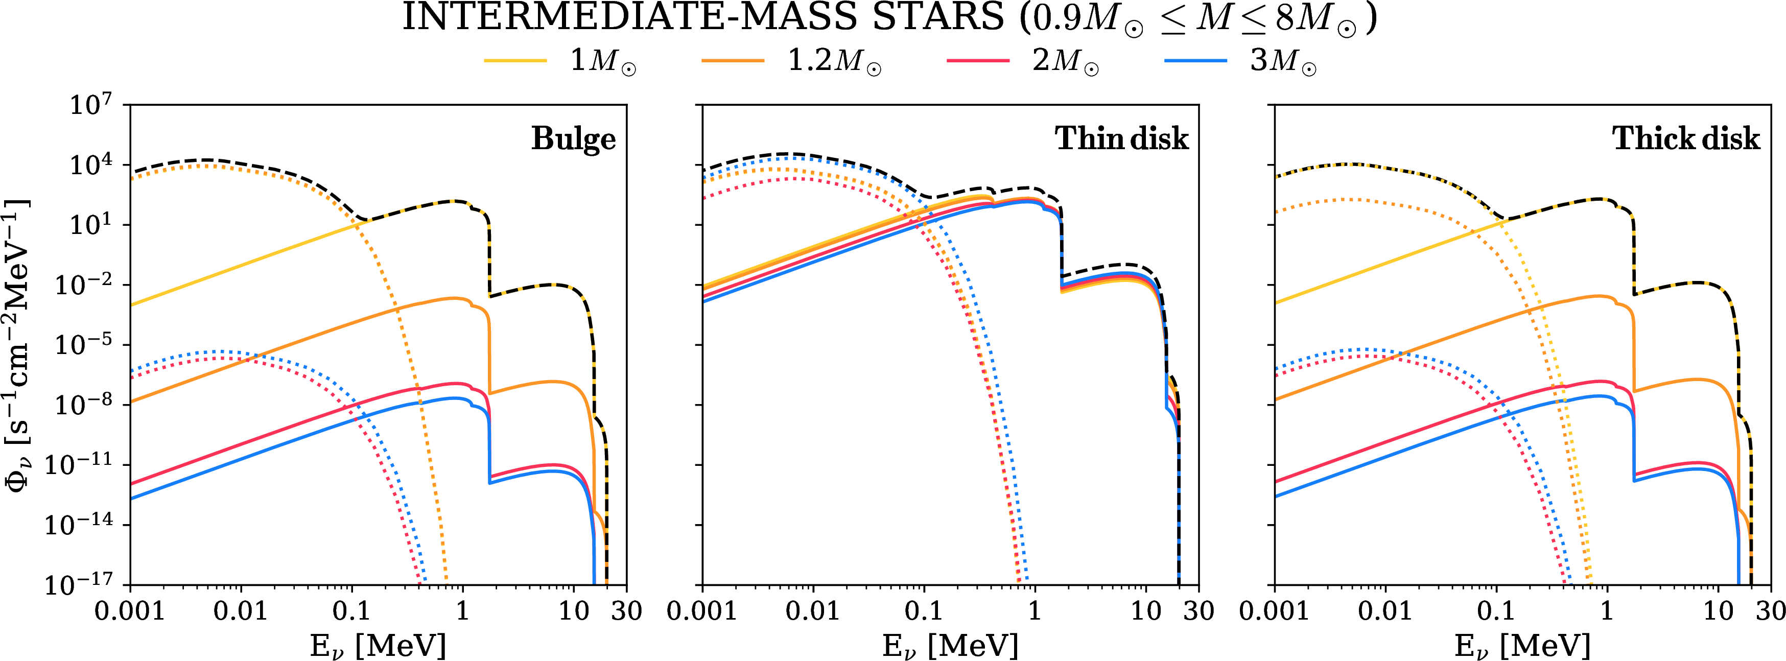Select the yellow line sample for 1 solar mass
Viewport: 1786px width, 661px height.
(x=515, y=61)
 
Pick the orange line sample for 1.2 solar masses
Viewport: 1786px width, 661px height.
(x=732, y=61)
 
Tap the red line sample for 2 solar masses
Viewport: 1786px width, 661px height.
(x=978, y=61)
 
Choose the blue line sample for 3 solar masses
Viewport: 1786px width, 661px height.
(x=1195, y=61)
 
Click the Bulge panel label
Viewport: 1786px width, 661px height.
(x=573, y=139)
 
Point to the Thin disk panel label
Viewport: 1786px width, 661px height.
(x=1121, y=139)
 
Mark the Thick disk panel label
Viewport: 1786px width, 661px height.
(x=1685, y=139)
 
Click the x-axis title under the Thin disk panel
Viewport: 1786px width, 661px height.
(x=950, y=646)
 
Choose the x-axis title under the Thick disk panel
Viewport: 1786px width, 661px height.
(x=1522, y=646)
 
